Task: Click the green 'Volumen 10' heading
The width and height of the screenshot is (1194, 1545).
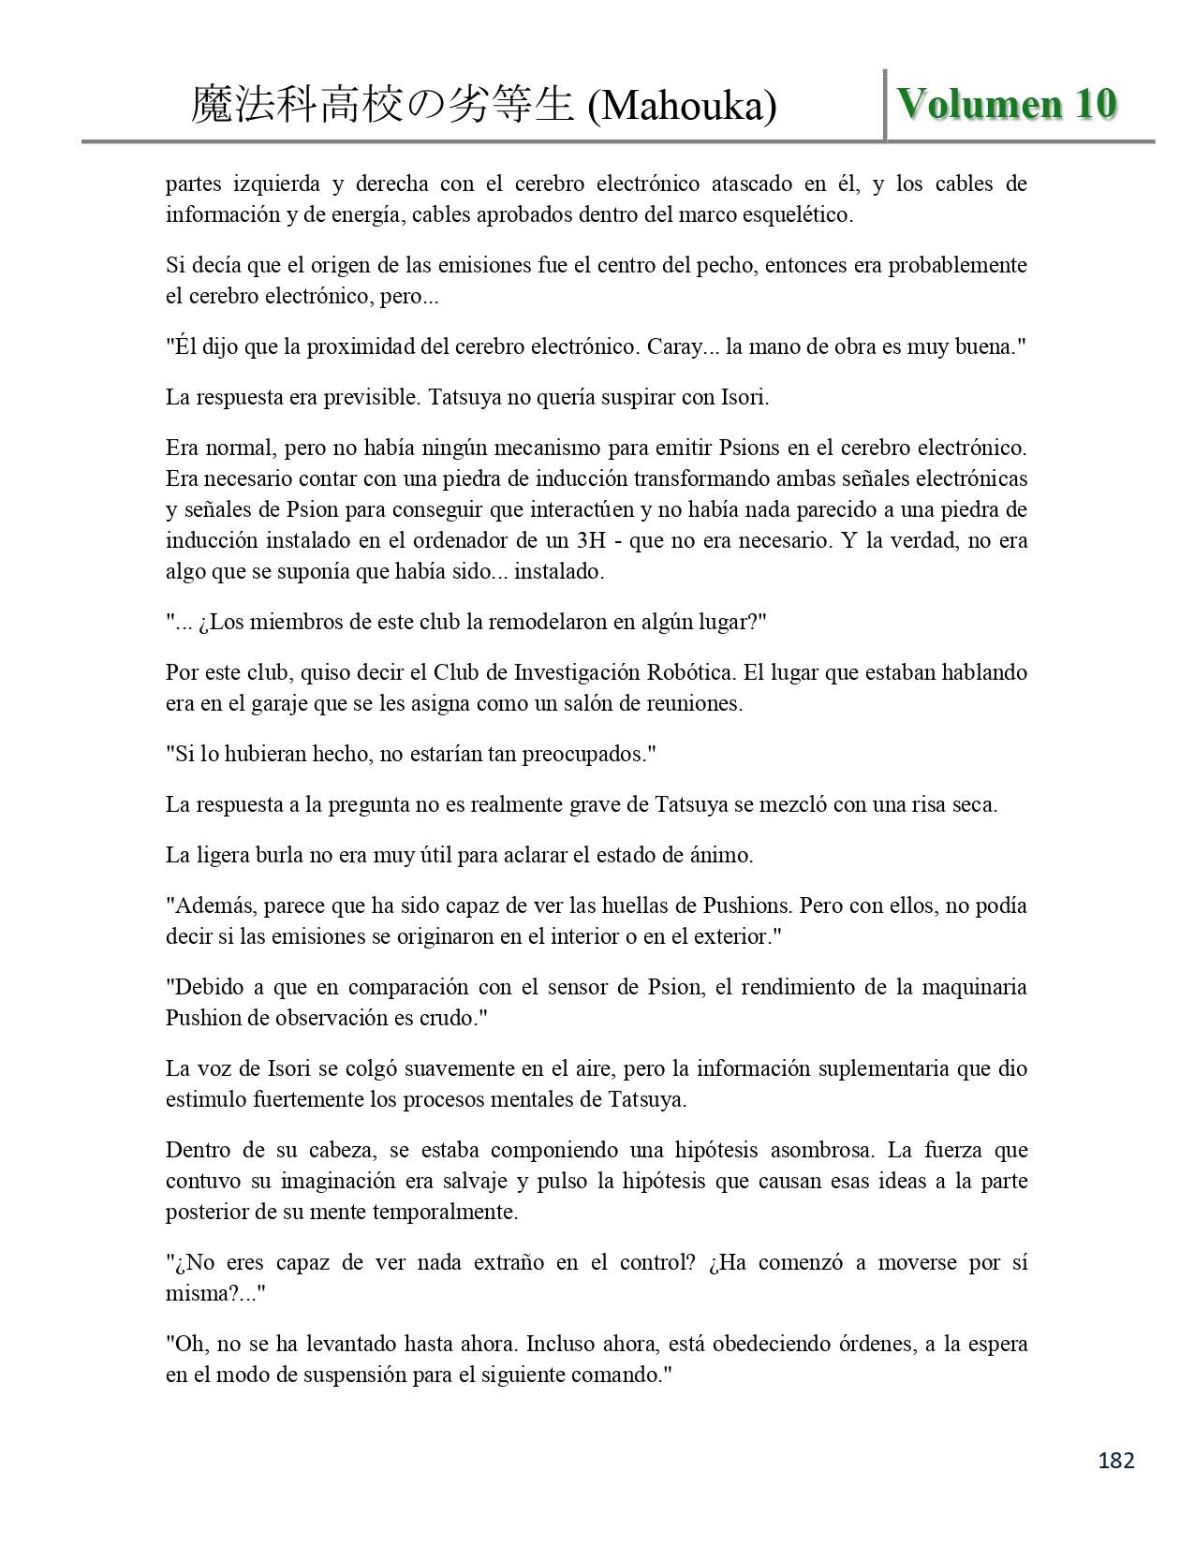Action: [x=1007, y=104]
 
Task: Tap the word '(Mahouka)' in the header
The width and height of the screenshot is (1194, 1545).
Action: [x=682, y=107]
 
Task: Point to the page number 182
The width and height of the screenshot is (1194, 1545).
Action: [x=1115, y=1460]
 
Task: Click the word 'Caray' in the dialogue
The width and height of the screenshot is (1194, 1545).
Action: [x=681, y=346]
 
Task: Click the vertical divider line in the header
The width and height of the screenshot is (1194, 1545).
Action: [x=885, y=105]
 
